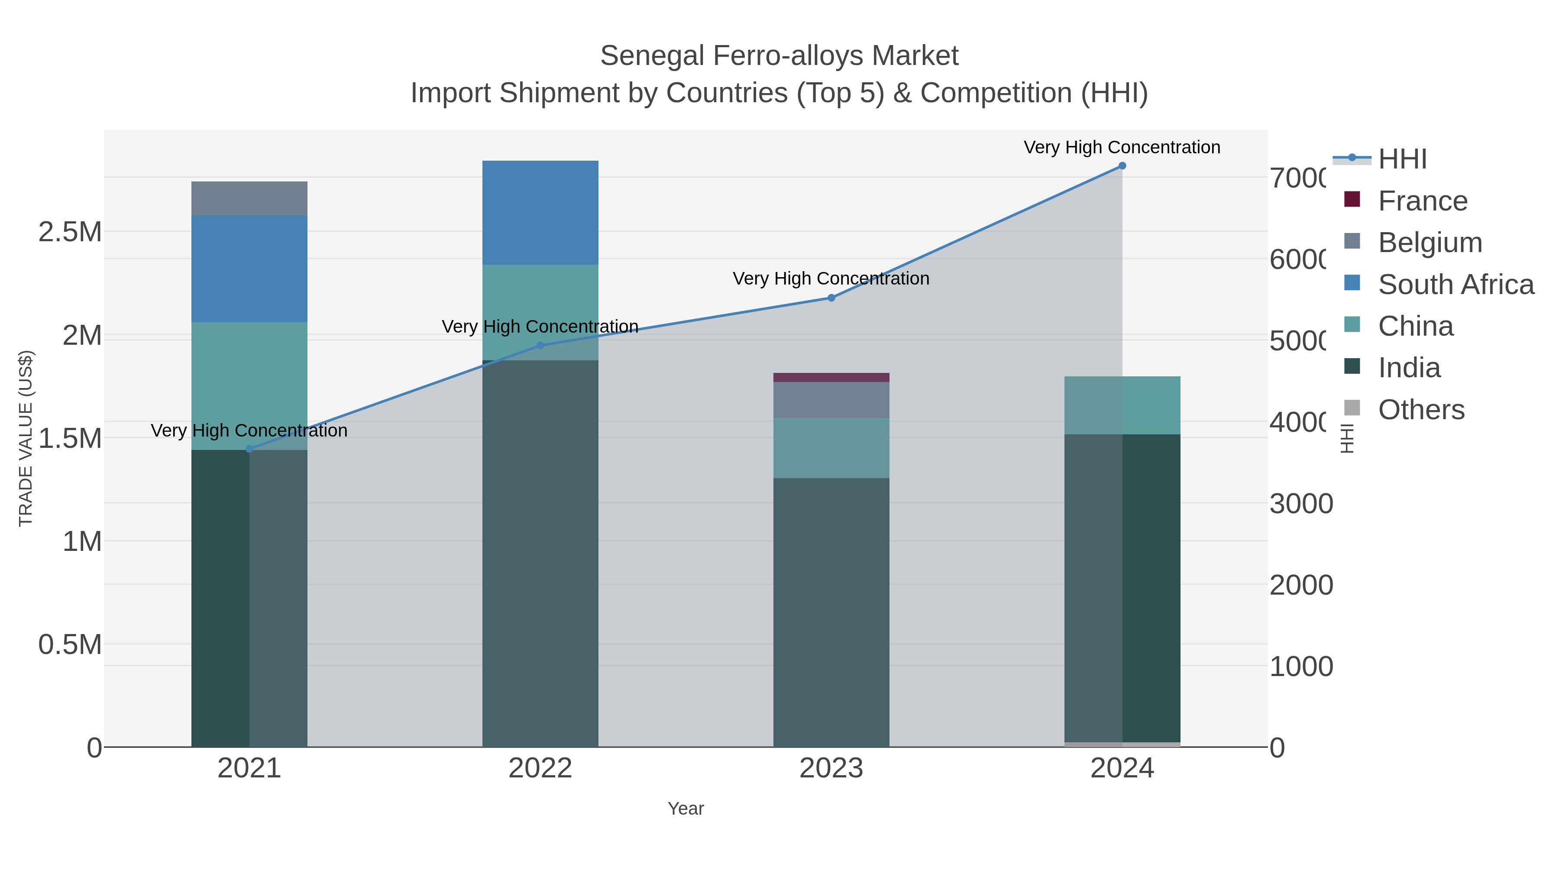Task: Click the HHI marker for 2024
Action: coord(1122,166)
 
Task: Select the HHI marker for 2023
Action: coord(831,298)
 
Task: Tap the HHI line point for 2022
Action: coord(540,346)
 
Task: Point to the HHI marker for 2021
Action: coord(249,449)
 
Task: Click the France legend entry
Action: coord(1422,201)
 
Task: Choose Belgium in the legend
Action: coord(1430,243)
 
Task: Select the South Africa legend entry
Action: coord(1455,285)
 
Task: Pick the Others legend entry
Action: coord(1421,410)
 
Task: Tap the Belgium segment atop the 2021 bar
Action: coord(249,198)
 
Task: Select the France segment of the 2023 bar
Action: coord(831,377)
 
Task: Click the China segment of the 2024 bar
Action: coord(1122,405)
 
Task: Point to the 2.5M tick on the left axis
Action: coord(70,232)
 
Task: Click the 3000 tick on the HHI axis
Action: coord(1301,504)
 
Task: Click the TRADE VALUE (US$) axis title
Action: coord(26,438)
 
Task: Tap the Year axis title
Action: coord(686,809)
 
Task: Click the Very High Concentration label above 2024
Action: coord(1122,147)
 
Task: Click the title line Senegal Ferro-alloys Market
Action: coord(779,56)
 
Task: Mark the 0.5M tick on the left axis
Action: coord(70,644)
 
